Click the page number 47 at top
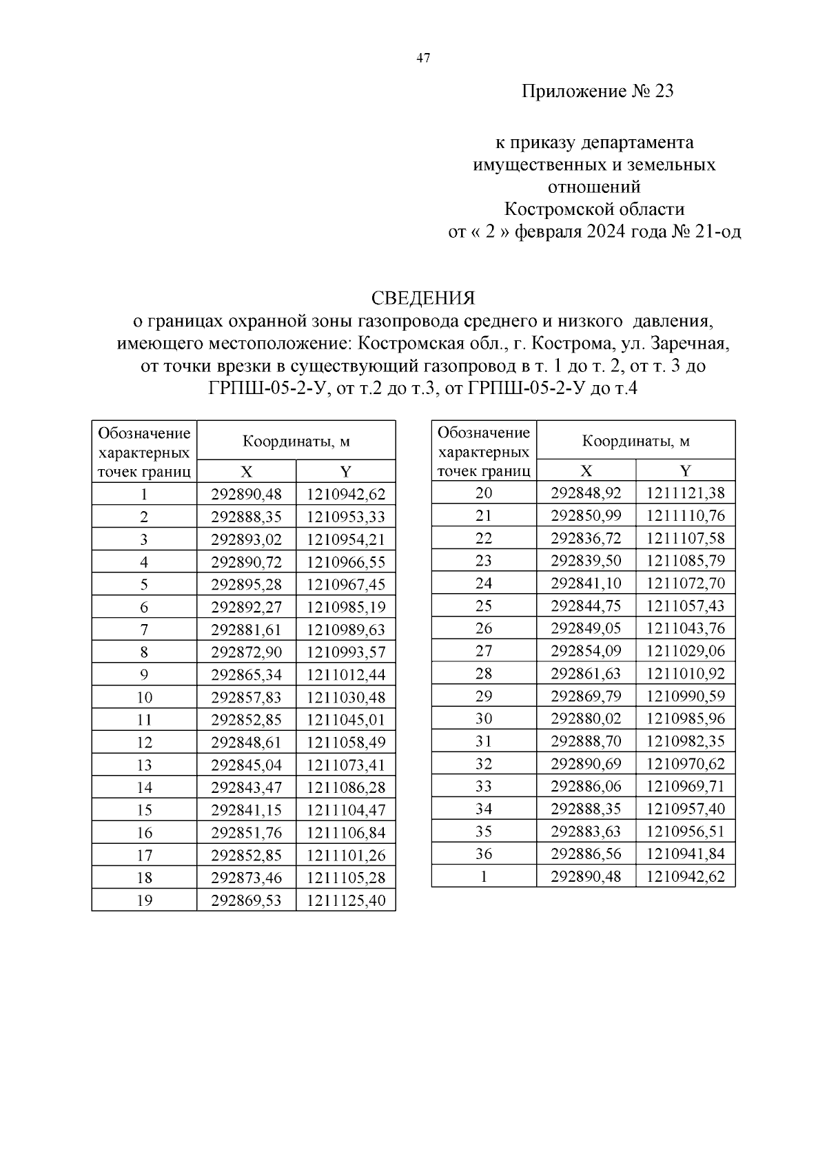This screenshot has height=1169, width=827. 423,59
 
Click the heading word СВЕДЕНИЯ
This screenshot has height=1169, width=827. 423,298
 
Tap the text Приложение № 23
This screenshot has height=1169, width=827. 597,92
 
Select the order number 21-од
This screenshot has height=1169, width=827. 719,231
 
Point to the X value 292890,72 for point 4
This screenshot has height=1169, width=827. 246,562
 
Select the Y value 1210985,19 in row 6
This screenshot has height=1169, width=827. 346,608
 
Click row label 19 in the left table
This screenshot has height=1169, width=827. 144,900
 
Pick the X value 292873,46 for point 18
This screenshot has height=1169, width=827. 246,878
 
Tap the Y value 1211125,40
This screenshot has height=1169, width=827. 346,900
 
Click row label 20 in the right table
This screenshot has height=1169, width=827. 484,493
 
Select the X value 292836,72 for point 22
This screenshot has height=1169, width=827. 586,538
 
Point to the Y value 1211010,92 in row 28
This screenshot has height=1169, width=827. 686,674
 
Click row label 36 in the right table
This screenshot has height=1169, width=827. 484,854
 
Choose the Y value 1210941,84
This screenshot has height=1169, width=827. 686,854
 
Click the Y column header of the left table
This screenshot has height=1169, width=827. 346,471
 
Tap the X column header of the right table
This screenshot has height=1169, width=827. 586,470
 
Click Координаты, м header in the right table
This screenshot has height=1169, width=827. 635,441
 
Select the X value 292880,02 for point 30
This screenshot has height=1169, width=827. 586,718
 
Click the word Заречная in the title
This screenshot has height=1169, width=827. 688,343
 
